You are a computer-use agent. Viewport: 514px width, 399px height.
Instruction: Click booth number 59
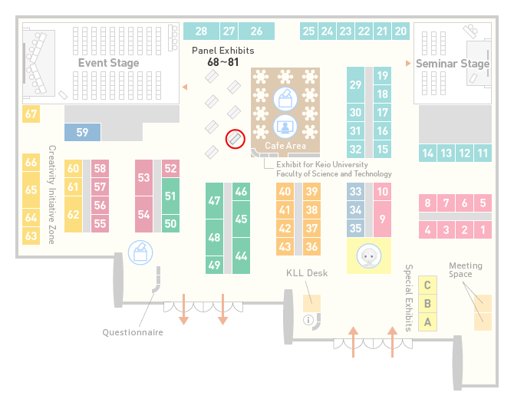coord(82,132)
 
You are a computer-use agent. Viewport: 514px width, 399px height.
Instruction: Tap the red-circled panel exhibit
coord(235,139)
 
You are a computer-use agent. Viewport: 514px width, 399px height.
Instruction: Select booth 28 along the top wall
coord(201,31)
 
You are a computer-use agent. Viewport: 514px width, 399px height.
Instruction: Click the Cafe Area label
coord(285,146)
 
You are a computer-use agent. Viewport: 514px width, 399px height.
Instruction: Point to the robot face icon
coord(369,256)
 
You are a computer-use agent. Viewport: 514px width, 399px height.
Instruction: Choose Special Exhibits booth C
coord(427,285)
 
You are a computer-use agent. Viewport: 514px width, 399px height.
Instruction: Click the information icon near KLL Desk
coord(308,320)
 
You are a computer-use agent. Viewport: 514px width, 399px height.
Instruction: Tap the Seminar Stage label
coord(453,63)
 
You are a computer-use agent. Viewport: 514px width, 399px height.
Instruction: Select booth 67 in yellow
coord(31,114)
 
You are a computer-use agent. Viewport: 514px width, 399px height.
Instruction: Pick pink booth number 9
coord(382,219)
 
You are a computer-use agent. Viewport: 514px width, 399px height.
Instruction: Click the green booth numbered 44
coord(241,256)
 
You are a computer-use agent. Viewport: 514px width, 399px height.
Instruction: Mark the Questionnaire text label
coord(133,332)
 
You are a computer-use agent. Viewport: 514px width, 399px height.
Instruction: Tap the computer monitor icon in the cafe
coord(285,127)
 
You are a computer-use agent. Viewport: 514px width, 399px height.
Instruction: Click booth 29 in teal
coord(355,85)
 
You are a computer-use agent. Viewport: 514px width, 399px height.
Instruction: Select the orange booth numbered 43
coord(285,246)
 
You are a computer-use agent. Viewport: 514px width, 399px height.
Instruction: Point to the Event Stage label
coord(108,63)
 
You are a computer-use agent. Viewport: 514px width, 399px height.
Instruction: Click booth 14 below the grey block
coord(427,153)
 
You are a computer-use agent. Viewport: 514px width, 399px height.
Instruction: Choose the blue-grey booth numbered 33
coord(355,192)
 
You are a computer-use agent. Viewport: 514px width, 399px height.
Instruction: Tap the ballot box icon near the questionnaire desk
coord(140,252)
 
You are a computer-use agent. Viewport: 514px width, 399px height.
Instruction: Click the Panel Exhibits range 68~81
coord(223,62)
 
